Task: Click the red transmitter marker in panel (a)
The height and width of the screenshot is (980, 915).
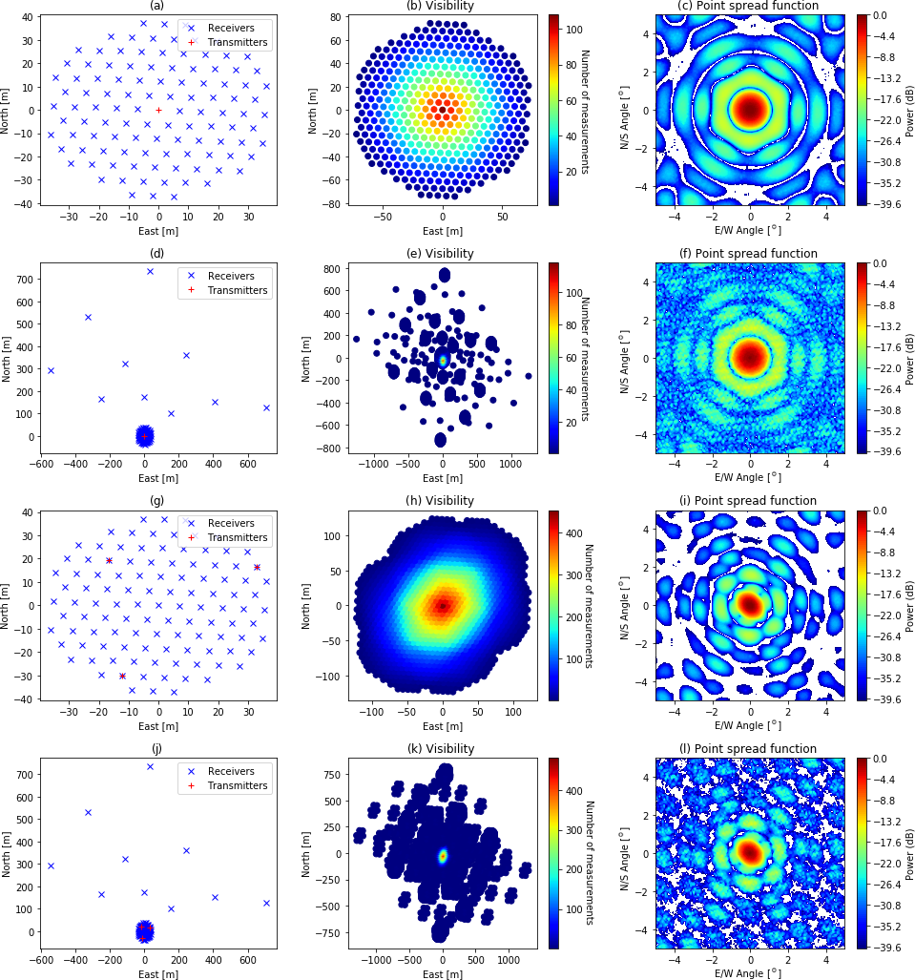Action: [158, 110]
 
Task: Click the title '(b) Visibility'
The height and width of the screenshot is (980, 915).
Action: [442, 6]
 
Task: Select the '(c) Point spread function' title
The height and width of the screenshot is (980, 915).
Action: [750, 6]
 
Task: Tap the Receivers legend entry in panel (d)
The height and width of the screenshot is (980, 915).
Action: [224, 275]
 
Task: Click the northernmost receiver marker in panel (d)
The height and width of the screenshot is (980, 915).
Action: [150, 271]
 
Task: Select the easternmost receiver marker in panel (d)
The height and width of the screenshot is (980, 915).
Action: [266, 407]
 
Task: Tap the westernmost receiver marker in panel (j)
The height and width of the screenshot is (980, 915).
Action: [51, 865]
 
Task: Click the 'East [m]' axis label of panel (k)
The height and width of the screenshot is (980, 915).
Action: [442, 973]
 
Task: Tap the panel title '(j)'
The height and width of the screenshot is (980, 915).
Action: [158, 749]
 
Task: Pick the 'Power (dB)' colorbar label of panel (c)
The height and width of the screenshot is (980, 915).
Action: [907, 109]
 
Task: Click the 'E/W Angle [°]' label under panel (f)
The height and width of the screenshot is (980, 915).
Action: [750, 477]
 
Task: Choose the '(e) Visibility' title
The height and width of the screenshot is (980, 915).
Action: [442, 254]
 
